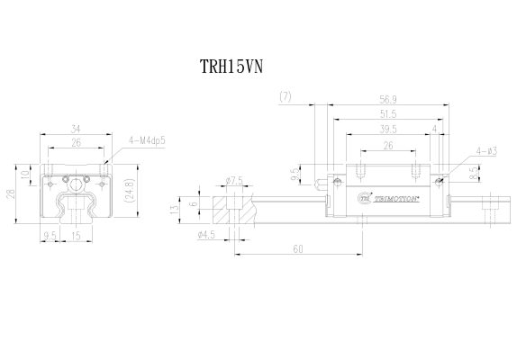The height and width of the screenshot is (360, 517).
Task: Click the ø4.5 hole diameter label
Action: pos(205,237)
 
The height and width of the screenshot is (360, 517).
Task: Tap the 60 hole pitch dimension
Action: pos(297,249)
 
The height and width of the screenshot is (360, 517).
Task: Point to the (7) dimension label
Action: pos(287,95)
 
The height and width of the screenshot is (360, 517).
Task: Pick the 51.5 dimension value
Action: pos(388,115)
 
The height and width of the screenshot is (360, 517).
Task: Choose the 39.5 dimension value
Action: pos(388,130)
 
